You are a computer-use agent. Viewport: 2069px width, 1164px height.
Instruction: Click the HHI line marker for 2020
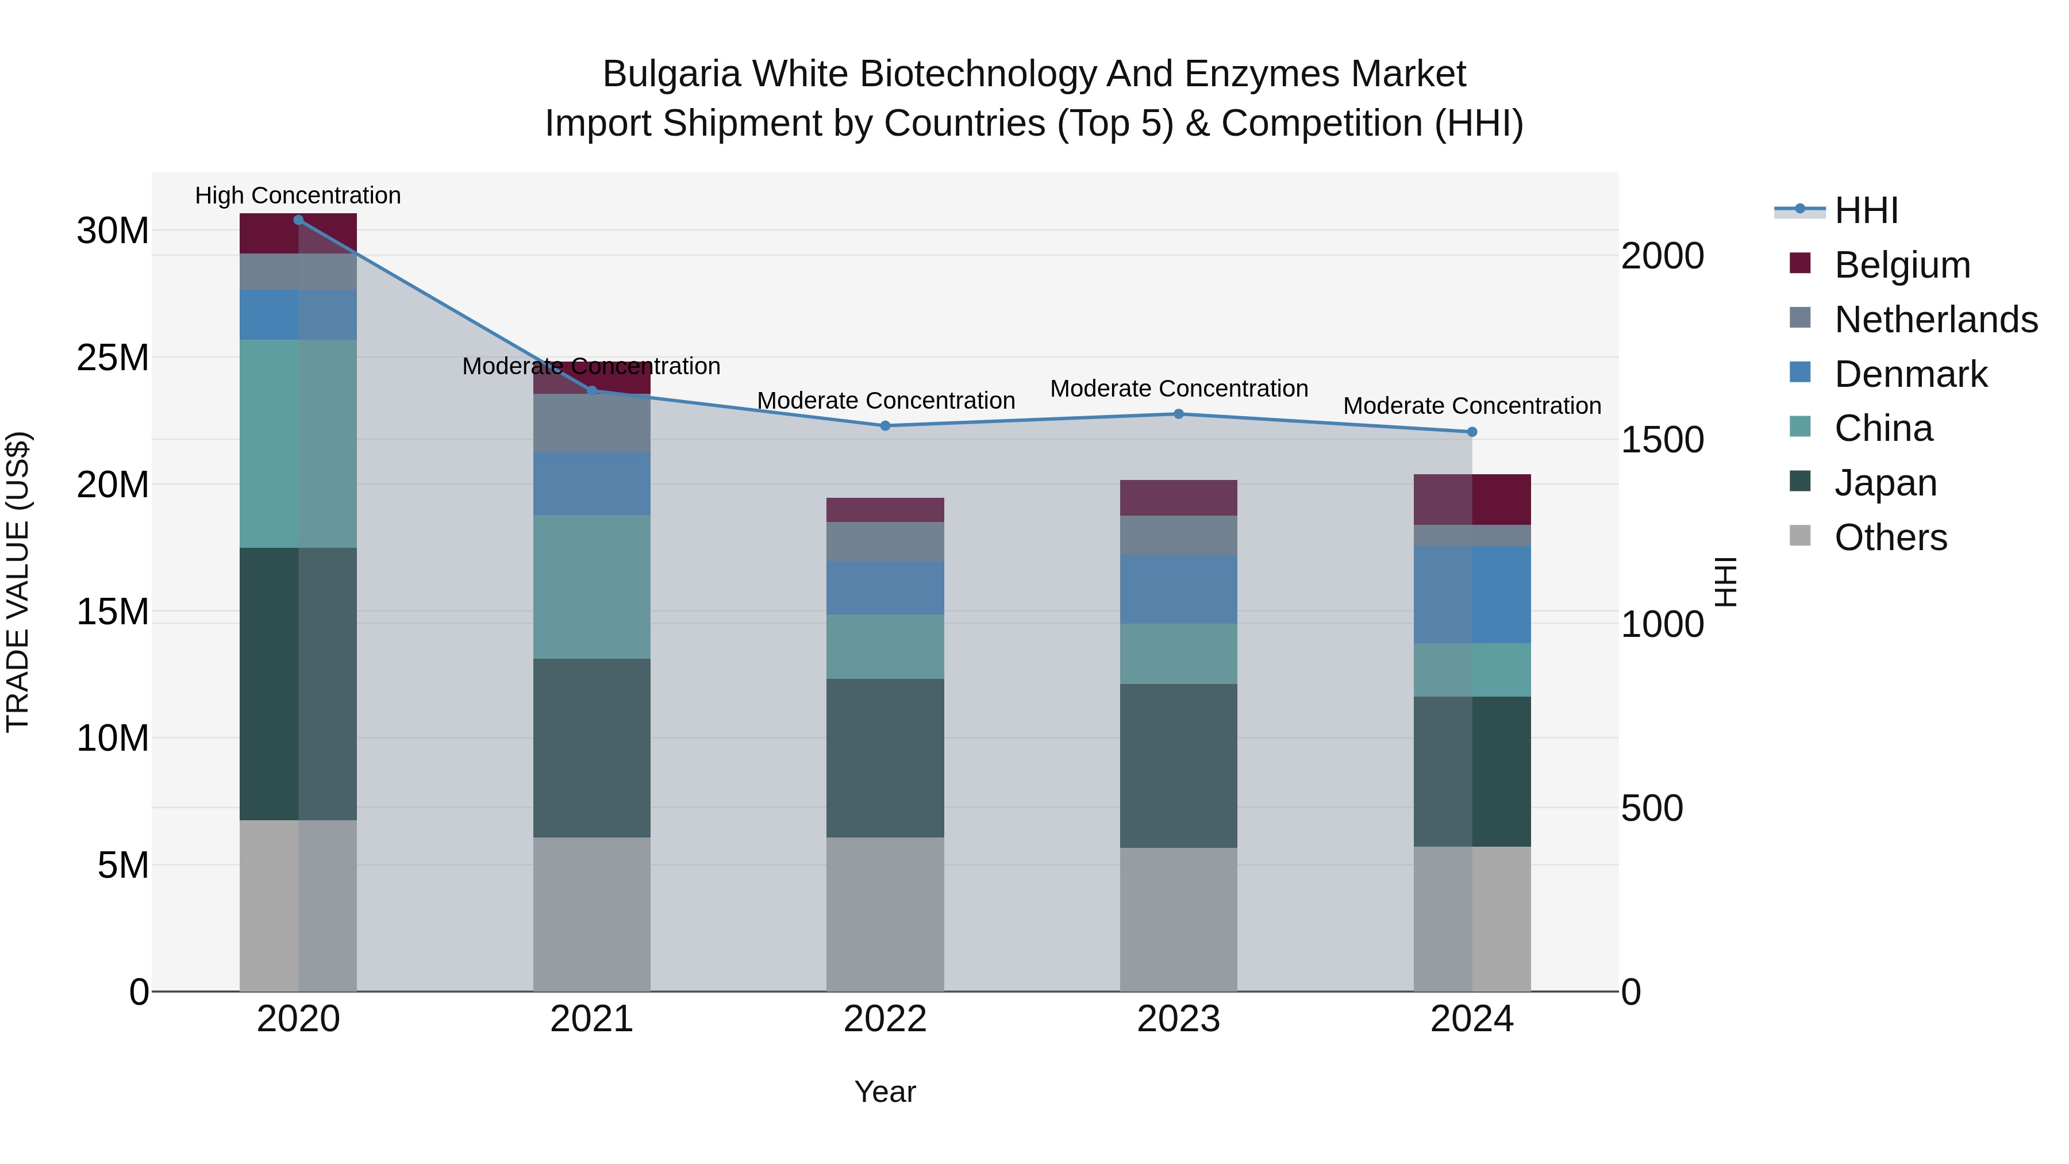pyautogui.click(x=298, y=220)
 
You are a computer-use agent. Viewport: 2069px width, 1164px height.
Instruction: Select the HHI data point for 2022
pyautogui.click(x=885, y=426)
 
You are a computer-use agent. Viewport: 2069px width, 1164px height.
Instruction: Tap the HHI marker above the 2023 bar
pyautogui.click(x=1178, y=414)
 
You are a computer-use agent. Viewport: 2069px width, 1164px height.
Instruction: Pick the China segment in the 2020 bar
pyautogui.click(x=298, y=443)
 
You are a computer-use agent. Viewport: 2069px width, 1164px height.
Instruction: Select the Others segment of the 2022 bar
pyautogui.click(x=885, y=913)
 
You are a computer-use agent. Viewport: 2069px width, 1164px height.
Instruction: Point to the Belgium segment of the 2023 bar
pyautogui.click(x=1178, y=497)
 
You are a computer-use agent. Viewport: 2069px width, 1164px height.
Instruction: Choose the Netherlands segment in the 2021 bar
pyautogui.click(x=591, y=422)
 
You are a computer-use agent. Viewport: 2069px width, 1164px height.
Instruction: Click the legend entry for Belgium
pyautogui.click(x=1901, y=265)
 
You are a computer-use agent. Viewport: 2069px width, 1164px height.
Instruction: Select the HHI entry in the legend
pyautogui.click(x=1865, y=210)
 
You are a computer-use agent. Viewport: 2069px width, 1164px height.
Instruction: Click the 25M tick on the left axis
pyautogui.click(x=113, y=358)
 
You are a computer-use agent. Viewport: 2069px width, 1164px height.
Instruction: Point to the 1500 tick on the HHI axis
pyautogui.click(x=1662, y=439)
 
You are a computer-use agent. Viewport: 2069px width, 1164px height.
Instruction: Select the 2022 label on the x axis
pyautogui.click(x=885, y=1019)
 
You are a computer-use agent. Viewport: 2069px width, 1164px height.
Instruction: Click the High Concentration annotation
pyautogui.click(x=298, y=195)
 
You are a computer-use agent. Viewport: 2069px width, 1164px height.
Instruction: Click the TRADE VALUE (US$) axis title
pyautogui.click(x=18, y=582)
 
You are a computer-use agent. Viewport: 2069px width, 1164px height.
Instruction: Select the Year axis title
pyautogui.click(x=885, y=1092)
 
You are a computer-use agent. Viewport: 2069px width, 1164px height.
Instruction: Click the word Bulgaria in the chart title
pyautogui.click(x=671, y=74)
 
